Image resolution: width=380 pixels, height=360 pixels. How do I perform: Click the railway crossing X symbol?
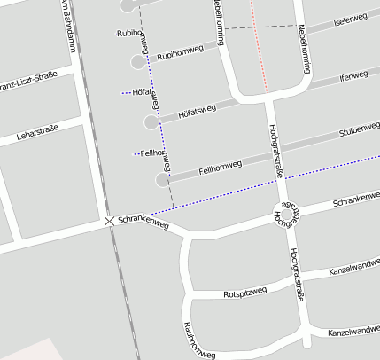pos(109,220)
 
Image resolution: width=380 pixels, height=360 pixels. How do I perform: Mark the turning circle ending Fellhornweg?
pos(161,179)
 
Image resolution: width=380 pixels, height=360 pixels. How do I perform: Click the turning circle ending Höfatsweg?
pos(150,121)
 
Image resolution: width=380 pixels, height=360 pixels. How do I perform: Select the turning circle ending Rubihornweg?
pos(138,61)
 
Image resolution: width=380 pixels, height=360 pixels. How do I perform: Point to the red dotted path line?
pos(259,44)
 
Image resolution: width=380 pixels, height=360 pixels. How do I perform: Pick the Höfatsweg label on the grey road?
pos(197,111)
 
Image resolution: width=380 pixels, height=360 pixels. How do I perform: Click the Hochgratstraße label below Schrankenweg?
pos(296,275)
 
